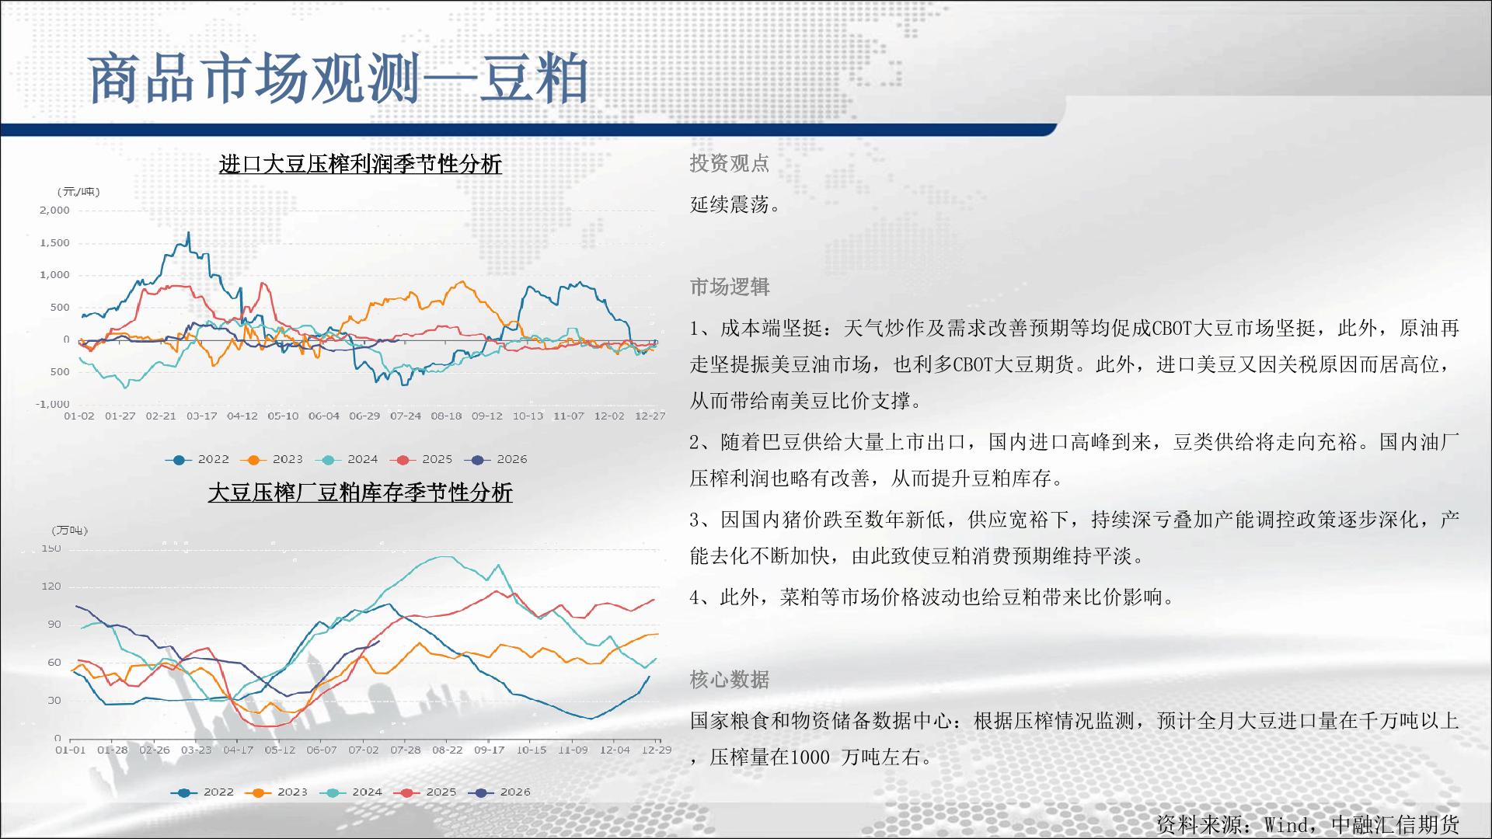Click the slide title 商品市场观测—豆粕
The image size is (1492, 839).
337,79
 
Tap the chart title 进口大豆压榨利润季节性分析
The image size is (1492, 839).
361,165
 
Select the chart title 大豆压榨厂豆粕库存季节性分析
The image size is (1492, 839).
361,493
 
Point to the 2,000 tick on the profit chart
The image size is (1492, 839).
54,211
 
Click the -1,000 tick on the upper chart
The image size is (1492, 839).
53,404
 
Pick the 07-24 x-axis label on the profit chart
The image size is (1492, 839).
406,416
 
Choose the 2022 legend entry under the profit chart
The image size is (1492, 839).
197,460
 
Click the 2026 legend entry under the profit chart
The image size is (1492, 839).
496,460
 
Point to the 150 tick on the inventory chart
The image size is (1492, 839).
51,548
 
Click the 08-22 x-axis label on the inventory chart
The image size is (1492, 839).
448,750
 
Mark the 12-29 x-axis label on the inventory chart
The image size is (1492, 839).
657,750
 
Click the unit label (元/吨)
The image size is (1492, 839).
78,191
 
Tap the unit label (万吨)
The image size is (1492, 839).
70,531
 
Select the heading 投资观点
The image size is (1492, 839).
730,163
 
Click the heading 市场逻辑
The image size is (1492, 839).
730,287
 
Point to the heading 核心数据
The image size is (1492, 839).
730,680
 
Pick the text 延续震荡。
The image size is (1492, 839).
736,204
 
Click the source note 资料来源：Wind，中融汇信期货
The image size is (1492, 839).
1308,824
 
